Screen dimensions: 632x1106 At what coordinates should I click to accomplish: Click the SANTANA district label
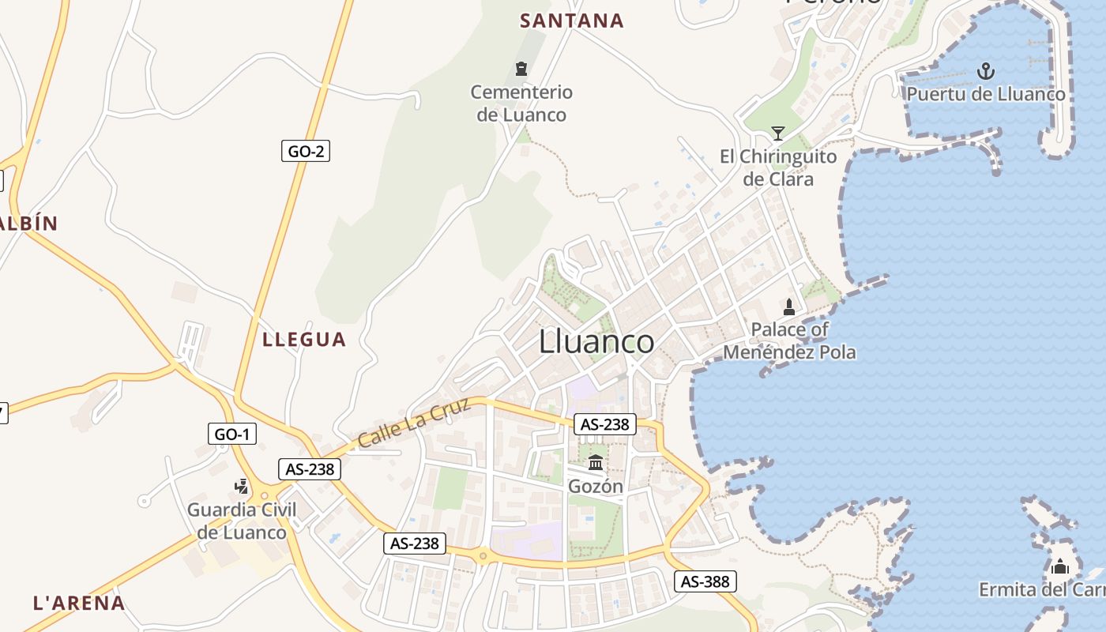coord(571,21)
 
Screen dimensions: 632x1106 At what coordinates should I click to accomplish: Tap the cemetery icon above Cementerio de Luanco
coord(521,69)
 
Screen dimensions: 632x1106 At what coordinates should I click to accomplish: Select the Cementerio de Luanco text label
coord(521,103)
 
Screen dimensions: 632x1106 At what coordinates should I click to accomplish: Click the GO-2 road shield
coord(305,151)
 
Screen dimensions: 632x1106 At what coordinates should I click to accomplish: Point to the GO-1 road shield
coord(232,434)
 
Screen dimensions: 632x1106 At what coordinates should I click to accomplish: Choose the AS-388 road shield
coord(705,582)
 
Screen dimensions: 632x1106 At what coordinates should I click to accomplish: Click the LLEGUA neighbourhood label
coord(304,340)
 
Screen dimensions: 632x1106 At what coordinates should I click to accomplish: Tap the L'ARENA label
coord(79,604)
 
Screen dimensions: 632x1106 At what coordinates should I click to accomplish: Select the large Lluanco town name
coord(596,342)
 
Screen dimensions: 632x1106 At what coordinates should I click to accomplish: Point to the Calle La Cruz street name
coord(414,423)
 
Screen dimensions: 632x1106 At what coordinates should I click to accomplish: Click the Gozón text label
coord(596,487)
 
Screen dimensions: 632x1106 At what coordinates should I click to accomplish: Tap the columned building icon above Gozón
coord(596,462)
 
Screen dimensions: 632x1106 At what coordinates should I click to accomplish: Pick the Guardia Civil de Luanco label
coord(242,521)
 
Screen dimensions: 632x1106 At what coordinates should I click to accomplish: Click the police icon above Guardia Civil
coord(242,487)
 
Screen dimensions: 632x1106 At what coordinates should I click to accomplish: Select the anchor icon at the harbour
coord(985,72)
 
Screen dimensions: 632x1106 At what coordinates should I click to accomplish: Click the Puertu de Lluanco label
coord(986,95)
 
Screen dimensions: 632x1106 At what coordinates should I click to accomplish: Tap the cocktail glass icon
coord(778,133)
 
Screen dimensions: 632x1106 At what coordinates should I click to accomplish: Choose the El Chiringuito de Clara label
coord(778,167)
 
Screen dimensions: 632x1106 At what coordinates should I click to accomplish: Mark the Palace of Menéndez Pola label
coord(789,340)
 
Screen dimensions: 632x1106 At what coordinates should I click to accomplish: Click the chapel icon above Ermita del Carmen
coord(1060,566)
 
